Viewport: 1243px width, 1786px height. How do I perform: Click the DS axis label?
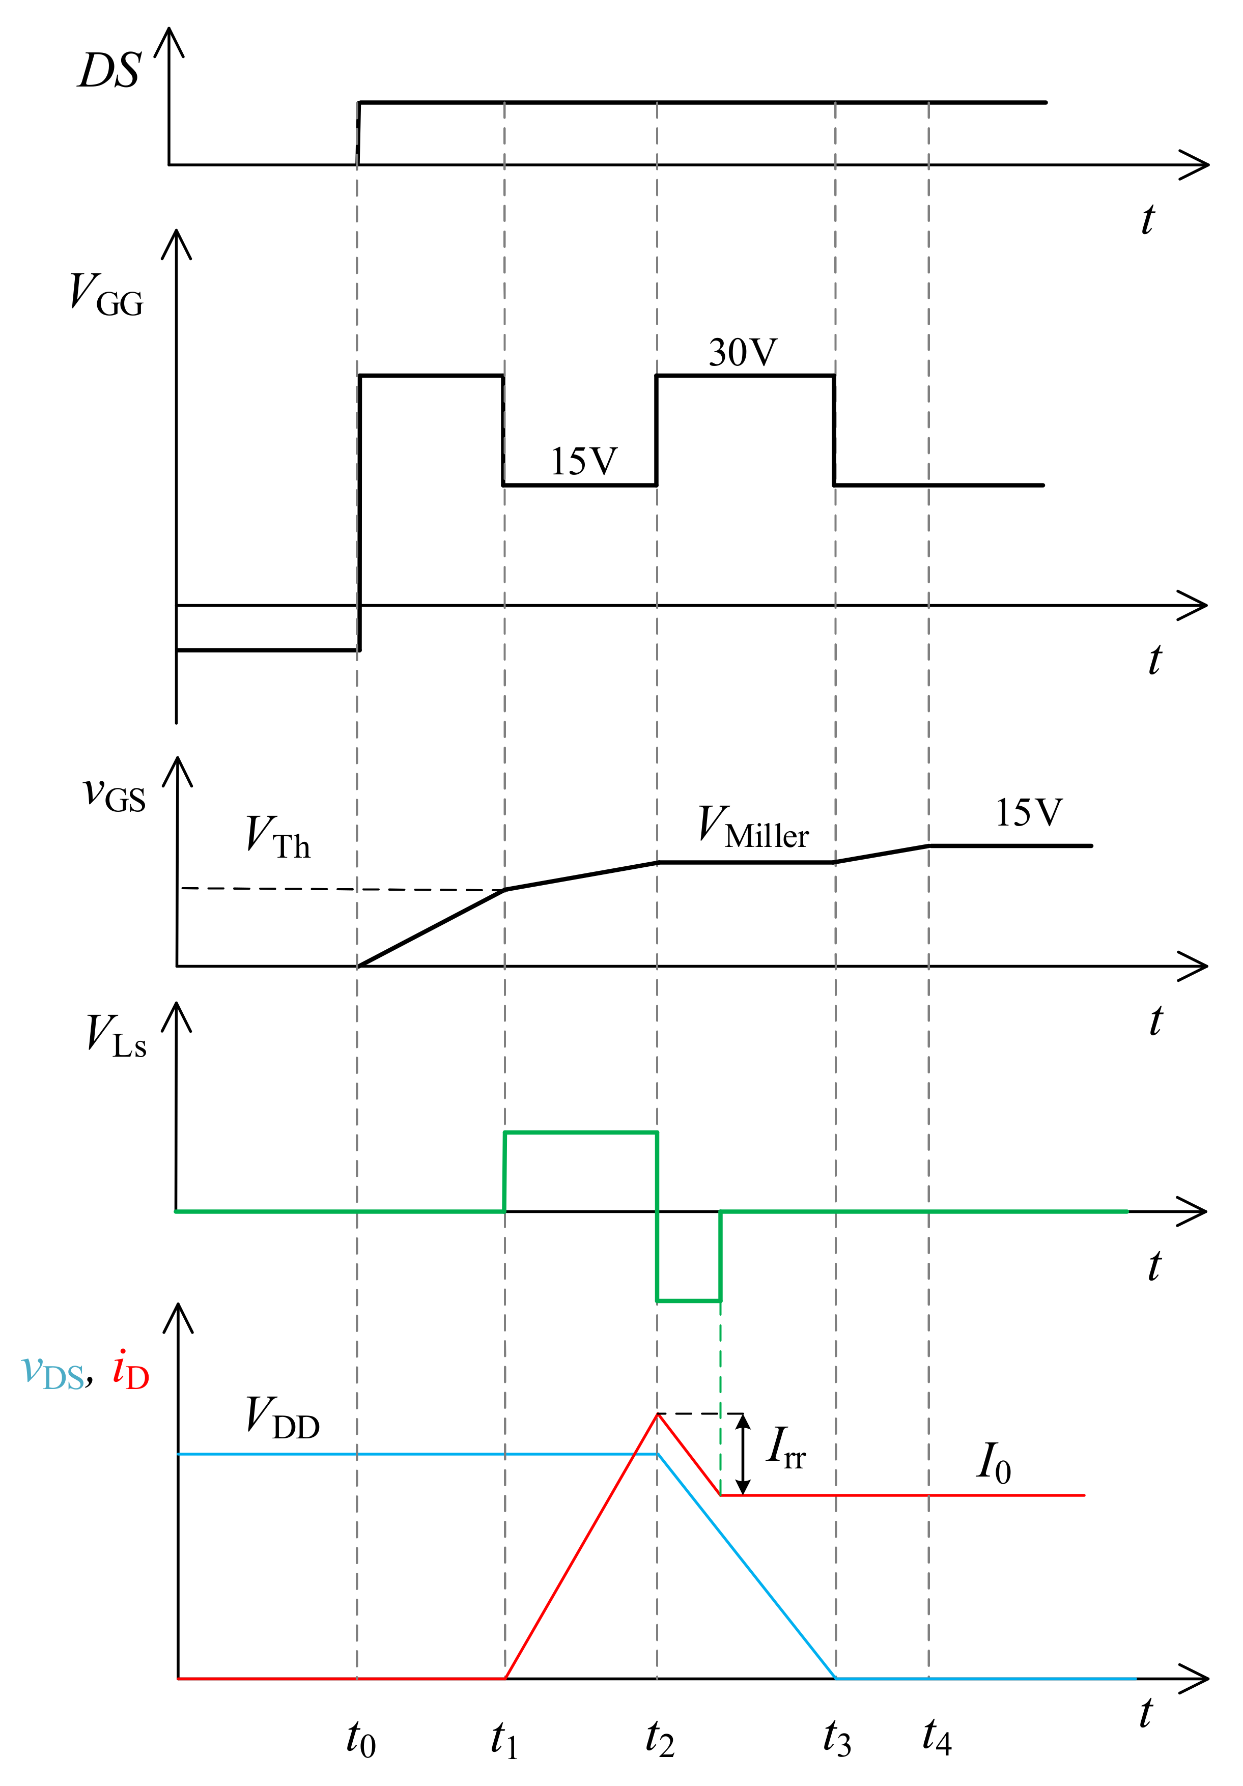pyautogui.click(x=109, y=72)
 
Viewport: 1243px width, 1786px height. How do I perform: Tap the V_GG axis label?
pyautogui.click(x=106, y=295)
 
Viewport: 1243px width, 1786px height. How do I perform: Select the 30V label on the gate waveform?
pyautogui.click(x=742, y=353)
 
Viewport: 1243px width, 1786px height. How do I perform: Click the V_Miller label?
pyautogui.click(x=752, y=828)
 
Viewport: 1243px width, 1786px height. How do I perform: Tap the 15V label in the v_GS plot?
pyautogui.click(x=1028, y=813)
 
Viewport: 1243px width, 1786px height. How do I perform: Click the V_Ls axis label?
pyautogui.click(x=116, y=1037)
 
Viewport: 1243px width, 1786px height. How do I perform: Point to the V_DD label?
pyautogui.click(x=281, y=1418)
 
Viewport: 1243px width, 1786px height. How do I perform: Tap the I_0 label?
pyautogui.click(x=993, y=1463)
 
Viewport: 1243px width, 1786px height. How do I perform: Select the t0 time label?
pyautogui.click(x=360, y=1739)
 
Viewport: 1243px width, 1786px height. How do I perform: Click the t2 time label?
pyautogui.click(x=659, y=1739)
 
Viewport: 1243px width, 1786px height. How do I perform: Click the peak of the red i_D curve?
pyautogui.click(x=657, y=1414)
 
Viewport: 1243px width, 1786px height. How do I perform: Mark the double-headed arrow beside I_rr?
pyautogui.click(x=743, y=1454)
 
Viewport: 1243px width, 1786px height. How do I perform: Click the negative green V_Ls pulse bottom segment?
pyautogui.click(x=688, y=1300)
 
